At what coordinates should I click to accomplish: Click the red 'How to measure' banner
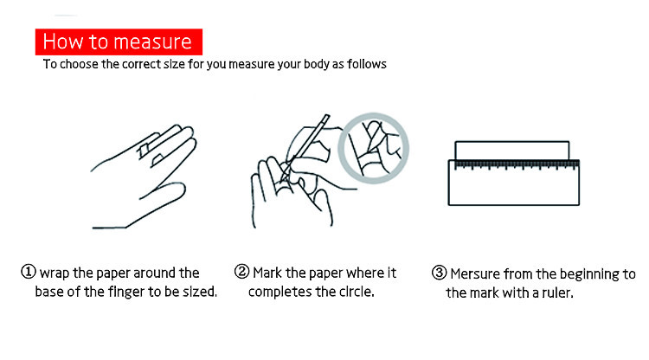tap(119, 42)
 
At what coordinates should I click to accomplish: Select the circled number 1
tap(29, 272)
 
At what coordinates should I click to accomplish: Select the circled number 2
tap(241, 272)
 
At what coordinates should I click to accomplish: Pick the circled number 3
tap(439, 273)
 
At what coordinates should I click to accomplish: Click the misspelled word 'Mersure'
tap(476, 274)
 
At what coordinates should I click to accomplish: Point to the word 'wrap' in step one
tap(55, 273)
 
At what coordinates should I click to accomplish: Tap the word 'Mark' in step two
tap(267, 273)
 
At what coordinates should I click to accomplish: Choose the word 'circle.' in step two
tap(357, 292)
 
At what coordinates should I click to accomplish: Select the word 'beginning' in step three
tap(589, 274)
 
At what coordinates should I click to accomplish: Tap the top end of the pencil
tap(327, 116)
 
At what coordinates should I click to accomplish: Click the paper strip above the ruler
tap(512, 151)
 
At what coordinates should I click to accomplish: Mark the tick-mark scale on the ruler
tap(517, 165)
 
